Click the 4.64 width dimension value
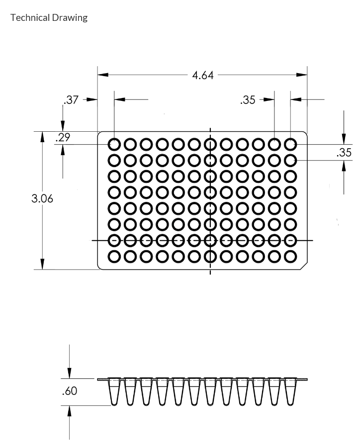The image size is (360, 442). [x=202, y=76]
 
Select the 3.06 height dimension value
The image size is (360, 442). [x=42, y=198]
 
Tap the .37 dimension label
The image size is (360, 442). [x=72, y=100]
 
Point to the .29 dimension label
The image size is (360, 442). [x=63, y=138]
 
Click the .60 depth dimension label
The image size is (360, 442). [x=70, y=391]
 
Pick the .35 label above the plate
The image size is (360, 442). [x=247, y=100]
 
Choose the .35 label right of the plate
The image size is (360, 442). [x=344, y=153]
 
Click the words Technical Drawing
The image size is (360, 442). [x=49, y=18]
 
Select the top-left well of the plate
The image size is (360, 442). [x=114, y=145]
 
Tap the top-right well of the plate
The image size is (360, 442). [x=290, y=145]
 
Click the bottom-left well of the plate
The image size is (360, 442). [x=114, y=257]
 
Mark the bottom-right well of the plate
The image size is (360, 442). [x=290, y=257]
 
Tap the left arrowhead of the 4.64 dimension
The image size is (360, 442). [x=102, y=75]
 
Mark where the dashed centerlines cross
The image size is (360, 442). [x=210, y=241]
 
